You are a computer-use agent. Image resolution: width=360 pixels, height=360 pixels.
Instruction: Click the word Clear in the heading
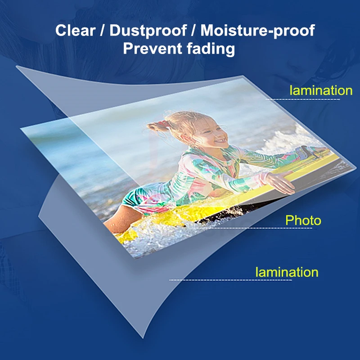tap(75, 30)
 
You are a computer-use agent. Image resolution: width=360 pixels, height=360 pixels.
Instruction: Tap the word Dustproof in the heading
tap(148, 31)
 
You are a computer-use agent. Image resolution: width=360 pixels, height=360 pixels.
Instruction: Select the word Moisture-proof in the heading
tap(257, 31)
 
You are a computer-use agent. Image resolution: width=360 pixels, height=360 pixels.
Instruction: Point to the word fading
tap(211, 49)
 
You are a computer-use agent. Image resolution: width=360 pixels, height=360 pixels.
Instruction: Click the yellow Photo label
tap(303, 220)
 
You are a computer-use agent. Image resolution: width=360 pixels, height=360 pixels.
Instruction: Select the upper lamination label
tap(321, 90)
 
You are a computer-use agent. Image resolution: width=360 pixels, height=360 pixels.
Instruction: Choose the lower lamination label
tap(287, 272)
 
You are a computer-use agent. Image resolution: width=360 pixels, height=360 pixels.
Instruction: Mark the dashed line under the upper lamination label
tap(303, 99)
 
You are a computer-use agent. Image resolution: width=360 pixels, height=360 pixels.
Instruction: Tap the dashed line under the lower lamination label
tap(231, 280)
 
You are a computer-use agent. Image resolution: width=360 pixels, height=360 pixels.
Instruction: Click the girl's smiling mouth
tap(221, 140)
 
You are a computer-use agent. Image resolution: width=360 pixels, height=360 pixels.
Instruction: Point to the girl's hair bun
tap(157, 126)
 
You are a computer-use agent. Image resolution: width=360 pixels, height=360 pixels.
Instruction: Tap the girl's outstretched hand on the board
tap(279, 181)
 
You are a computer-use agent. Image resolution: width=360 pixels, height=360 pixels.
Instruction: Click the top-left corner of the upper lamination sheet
tap(17, 66)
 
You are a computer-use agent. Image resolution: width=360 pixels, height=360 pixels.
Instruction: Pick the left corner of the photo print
tap(21, 129)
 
